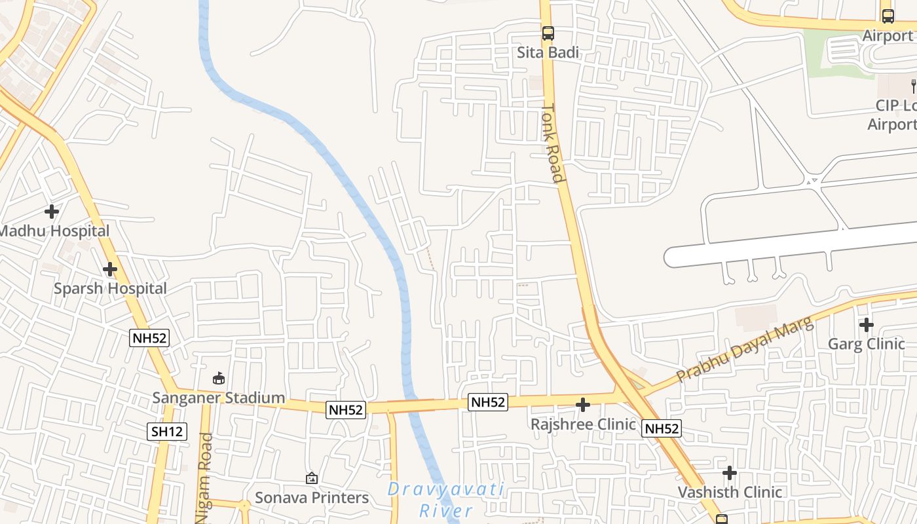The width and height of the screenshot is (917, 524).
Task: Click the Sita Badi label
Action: coord(548,52)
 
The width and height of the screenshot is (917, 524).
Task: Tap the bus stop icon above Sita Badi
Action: coord(548,33)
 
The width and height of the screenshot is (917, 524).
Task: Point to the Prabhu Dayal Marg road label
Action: coord(745,350)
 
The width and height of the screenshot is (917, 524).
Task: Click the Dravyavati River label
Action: coord(445,499)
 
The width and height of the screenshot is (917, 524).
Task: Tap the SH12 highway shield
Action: coord(167,431)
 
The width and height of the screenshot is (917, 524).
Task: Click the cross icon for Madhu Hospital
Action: coord(52,212)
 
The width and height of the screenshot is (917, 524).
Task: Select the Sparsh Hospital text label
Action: coord(110,288)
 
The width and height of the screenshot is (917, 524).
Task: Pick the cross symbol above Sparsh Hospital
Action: coord(110,269)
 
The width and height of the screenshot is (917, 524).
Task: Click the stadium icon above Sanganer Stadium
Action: coord(219,378)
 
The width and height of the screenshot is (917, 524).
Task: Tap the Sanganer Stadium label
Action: coord(219,398)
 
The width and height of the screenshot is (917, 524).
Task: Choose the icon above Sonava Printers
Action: coord(312,478)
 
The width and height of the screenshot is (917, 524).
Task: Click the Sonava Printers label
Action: coord(312,498)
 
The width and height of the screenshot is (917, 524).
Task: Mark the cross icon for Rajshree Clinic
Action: coord(583,405)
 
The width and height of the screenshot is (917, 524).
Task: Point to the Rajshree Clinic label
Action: coord(583,424)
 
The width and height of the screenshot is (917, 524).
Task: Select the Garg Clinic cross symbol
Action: coord(867,324)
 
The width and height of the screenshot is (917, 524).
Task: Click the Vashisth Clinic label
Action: coord(730,492)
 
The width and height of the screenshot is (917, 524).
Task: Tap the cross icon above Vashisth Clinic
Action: coord(730,473)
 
